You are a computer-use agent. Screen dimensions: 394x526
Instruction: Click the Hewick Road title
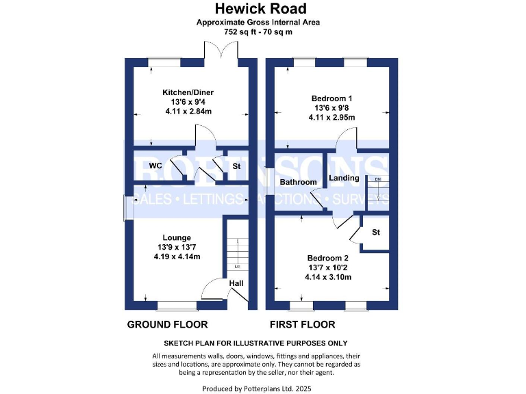click(260, 9)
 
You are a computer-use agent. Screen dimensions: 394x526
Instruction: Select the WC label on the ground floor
click(155, 166)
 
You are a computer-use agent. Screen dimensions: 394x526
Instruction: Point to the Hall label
click(236, 283)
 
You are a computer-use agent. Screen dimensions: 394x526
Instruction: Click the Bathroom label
click(298, 182)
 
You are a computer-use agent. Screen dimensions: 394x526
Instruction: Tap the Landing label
click(344, 178)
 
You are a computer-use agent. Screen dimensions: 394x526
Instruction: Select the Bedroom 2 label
click(328, 258)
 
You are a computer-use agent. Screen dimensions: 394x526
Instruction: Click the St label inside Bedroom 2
click(376, 233)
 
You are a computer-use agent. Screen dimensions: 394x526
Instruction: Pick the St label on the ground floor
click(236, 166)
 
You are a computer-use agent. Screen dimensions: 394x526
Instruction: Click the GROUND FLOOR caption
click(167, 324)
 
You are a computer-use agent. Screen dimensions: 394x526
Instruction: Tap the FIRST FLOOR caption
click(302, 324)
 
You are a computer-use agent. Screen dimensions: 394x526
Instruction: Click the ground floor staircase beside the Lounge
click(236, 250)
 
